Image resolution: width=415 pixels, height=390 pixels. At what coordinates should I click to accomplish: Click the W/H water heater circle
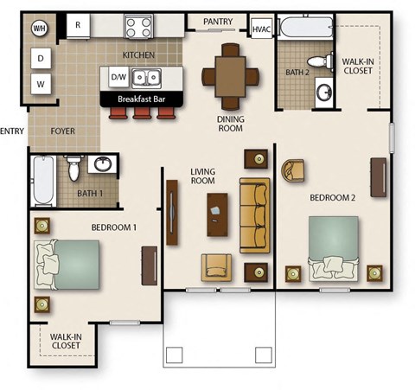39,29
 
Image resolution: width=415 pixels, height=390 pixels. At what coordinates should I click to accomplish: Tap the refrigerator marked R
79,25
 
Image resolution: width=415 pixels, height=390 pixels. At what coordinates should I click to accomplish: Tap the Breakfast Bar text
142,99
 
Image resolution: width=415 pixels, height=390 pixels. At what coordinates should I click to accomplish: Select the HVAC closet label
261,29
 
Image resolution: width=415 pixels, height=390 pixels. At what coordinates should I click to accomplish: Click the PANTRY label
218,22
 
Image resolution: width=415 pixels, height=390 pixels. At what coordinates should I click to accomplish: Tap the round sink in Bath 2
325,91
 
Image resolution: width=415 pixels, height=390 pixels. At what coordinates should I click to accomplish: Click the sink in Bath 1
103,164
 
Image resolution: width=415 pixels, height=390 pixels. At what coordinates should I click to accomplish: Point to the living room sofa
254,214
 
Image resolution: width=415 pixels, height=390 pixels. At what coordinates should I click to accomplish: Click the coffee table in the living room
216,214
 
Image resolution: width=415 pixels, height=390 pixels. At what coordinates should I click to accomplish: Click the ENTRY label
11,131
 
